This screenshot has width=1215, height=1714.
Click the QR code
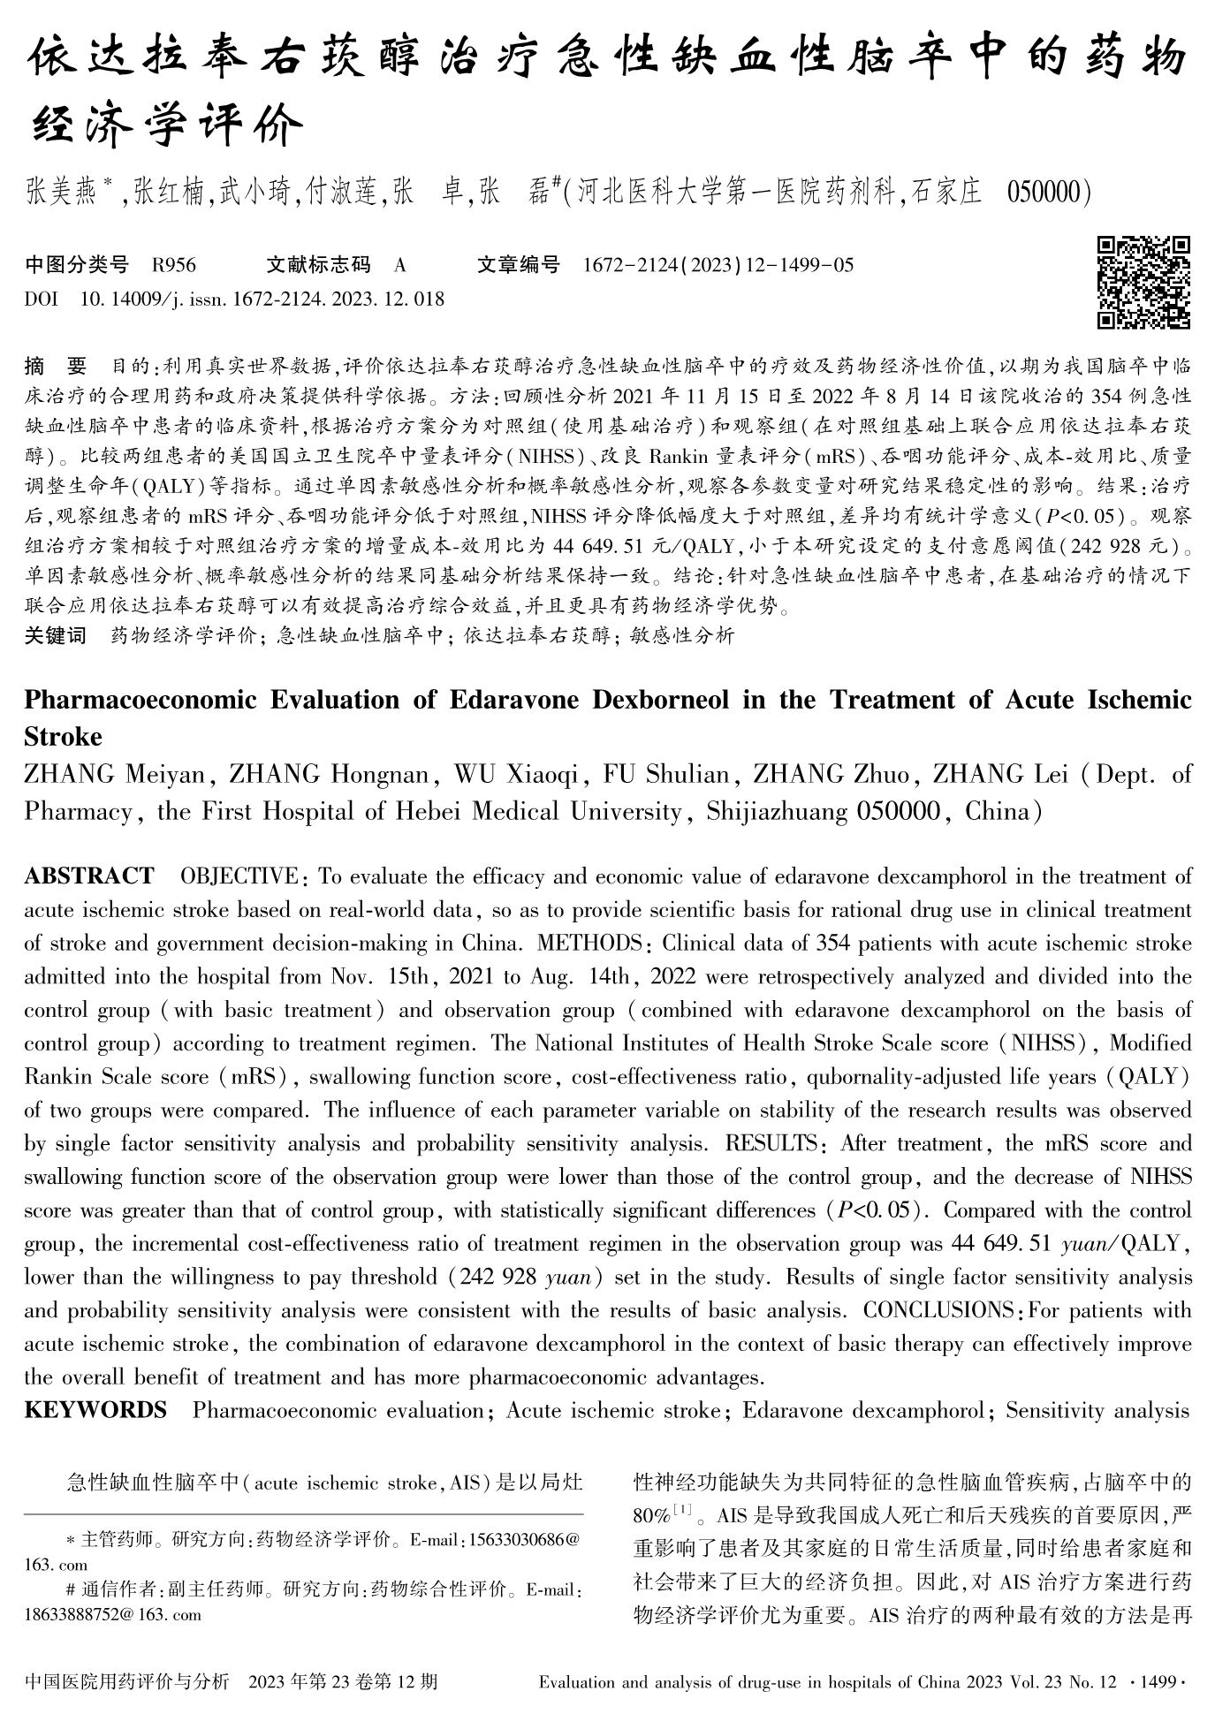point(1143,282)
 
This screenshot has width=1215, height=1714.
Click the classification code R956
point(174,264)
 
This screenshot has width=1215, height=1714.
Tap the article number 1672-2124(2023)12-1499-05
point(718,264)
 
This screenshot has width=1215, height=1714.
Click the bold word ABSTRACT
point(88,876)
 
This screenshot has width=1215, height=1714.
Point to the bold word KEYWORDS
point(95,1410)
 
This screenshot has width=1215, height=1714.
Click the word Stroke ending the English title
point(63,737)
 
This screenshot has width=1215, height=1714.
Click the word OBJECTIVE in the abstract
point(239,876)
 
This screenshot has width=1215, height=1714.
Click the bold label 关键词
point(55,635)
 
